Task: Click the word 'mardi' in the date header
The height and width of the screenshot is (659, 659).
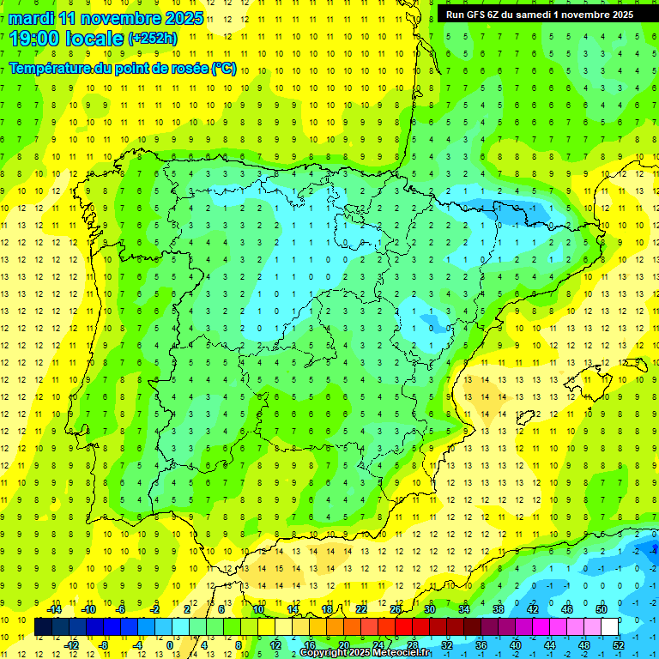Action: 31,18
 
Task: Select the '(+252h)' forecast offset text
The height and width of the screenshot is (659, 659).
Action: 152,38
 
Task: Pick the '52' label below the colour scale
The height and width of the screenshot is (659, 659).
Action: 618,645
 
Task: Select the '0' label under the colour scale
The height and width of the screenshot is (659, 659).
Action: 170,645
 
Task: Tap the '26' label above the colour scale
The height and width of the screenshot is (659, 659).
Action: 396,609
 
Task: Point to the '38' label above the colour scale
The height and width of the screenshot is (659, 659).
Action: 499,609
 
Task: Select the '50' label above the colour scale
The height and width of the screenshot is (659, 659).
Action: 601,609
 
